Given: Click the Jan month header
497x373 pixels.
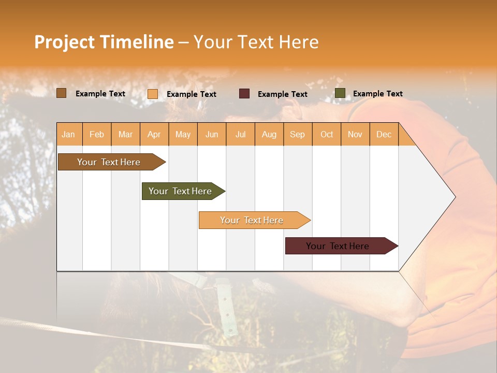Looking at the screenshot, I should [x=68, y=134].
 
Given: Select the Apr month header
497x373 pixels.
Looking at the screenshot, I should [x=154, y=134].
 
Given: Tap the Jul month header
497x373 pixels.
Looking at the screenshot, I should [x=240, y=134].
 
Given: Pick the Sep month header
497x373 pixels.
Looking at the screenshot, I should [x=297, y=134].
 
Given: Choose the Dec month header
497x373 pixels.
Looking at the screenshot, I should [x=384, y=134].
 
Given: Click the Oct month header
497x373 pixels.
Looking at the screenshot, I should [x=327, y=134].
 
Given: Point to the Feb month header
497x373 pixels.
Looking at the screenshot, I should [x=97, y=134].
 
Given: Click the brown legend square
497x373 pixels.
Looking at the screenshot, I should [x=61, y=93].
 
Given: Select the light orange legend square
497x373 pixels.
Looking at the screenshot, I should [x=153, y=94].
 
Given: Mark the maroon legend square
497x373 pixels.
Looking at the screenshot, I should [x=244, y=94].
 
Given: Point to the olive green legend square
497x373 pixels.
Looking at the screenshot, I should [x=340, y=93].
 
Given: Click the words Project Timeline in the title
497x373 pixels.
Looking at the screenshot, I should [x=104, y=42].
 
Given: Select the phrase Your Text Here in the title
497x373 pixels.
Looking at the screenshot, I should [x=256, y=42].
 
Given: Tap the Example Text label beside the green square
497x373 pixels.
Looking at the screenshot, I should [x=377, y=94].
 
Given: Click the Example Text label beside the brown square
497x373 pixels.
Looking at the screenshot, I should [x=100, y=94].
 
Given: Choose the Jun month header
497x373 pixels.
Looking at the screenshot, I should [x=212, y=134].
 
